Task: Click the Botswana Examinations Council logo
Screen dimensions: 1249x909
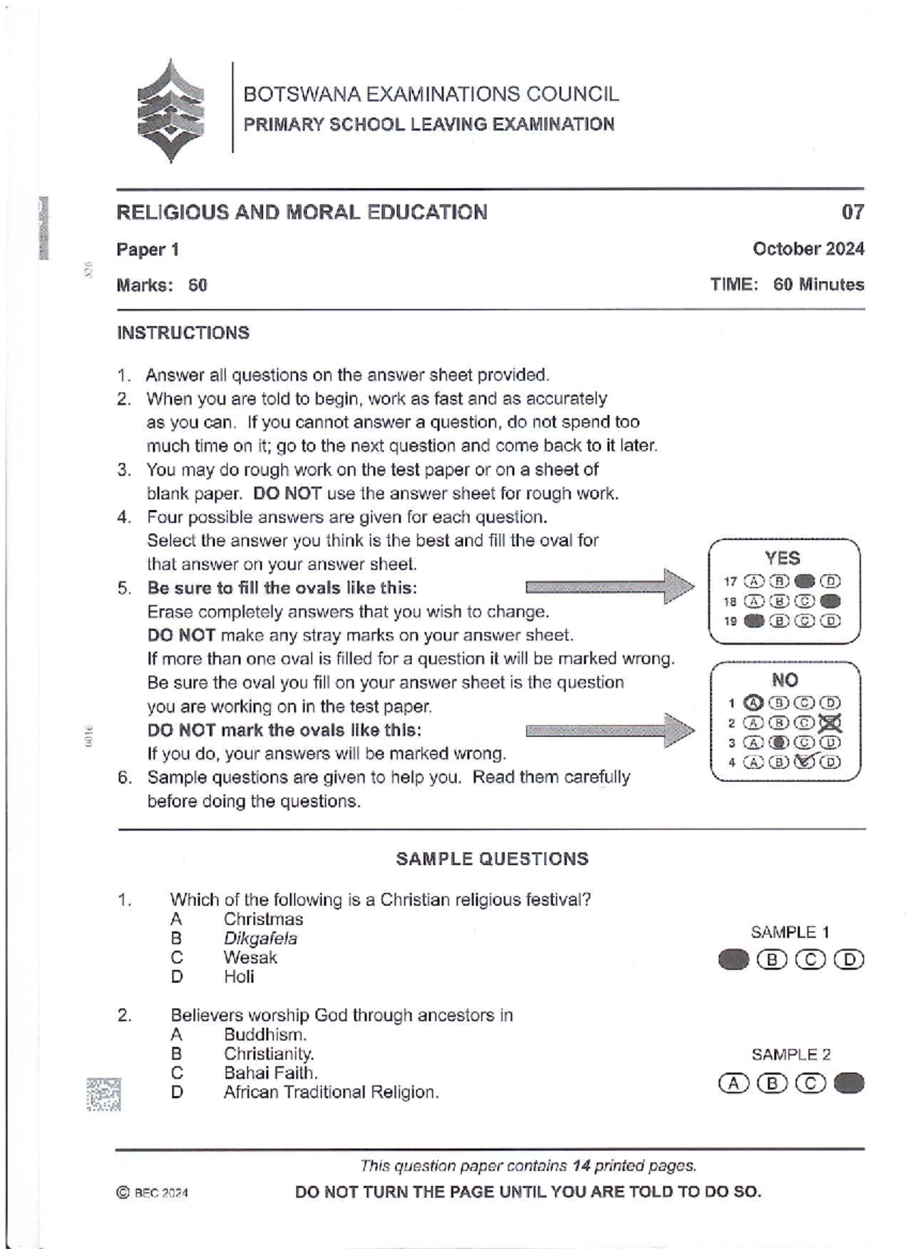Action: click(x=171, y=111)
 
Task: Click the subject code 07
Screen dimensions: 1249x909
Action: click(x=852, y=212)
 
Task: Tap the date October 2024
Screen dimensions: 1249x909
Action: click(x=807, y=248)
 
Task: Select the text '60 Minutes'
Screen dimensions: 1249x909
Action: click(x=818, y=285)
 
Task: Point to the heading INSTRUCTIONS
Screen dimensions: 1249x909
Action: click(x=183, y=333)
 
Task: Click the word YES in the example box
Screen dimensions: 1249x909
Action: click(x=782, y=558)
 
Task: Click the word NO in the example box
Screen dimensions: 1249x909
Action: click(x=784, y=680)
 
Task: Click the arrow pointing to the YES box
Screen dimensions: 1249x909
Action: click(x=610, y=586)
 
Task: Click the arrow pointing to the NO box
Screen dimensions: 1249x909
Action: click(x=610, y=730)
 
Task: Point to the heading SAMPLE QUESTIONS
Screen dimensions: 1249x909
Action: click(x=492, y=859)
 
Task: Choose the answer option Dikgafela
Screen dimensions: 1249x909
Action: click(x=260, y=938)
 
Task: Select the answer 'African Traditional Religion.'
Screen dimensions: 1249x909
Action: click(x=331, y=1092)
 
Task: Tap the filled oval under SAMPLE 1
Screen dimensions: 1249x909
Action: click(x=733, y=960)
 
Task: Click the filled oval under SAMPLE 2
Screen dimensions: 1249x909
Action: click(x=848, y=1083)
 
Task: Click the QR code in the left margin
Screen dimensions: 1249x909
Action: click(x=103, y=1094)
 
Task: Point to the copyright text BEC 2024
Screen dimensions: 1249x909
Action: click(x=154, y=1193)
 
